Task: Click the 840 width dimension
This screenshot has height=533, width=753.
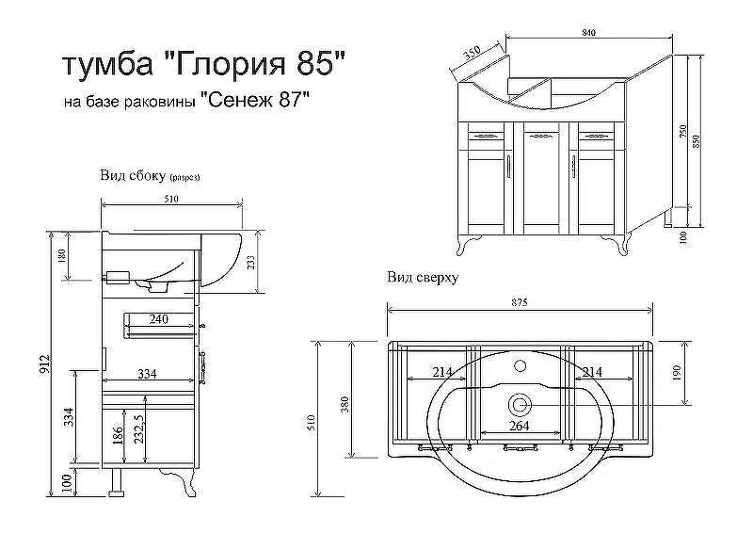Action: point(588,33)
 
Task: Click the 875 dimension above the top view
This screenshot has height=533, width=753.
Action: point(520,302)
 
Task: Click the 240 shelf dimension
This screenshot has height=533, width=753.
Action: point(159,320)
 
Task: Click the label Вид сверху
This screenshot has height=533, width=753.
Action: point(422,278)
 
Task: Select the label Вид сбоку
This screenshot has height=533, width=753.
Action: point(134,175)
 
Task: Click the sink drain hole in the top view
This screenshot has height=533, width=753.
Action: point(520,405)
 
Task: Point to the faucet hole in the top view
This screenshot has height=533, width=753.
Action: point(520,363)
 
